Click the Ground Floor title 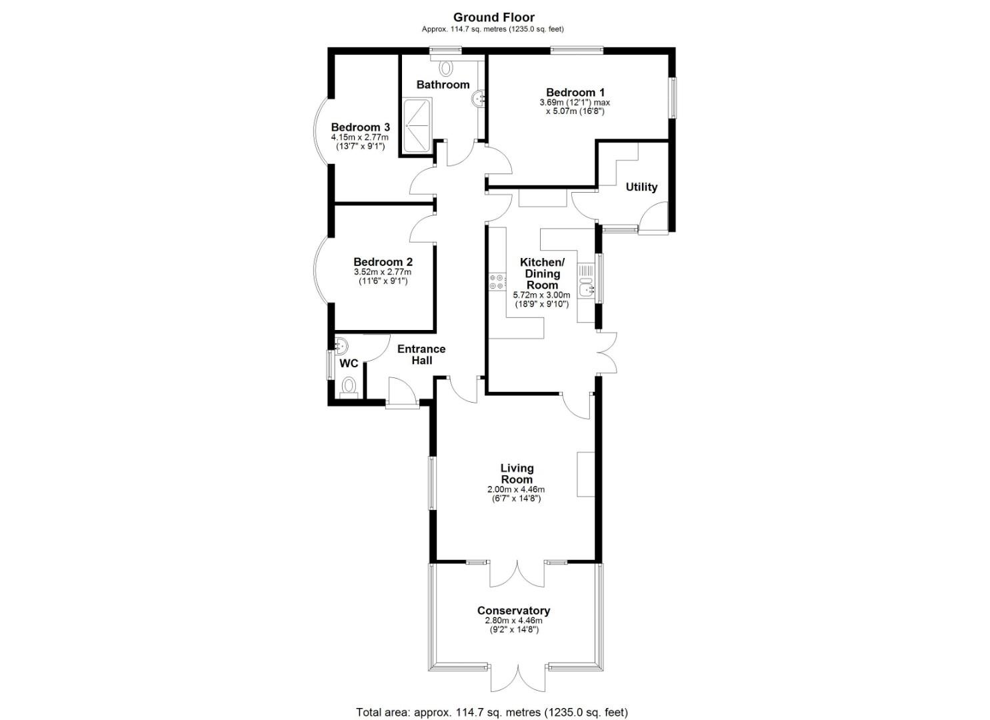(494, 17)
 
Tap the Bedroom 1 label (575, 93)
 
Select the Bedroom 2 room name (383, 261)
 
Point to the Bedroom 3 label (360, 127)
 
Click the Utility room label (641, 187)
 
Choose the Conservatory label (513, 611)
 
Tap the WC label (349, 363)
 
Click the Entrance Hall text (421, 355)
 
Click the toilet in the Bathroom (445, 67)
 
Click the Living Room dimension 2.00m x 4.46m (516, 489)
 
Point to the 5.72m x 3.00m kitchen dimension (541, 295)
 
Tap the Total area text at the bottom (492, 700)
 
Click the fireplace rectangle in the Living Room (585, 474)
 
